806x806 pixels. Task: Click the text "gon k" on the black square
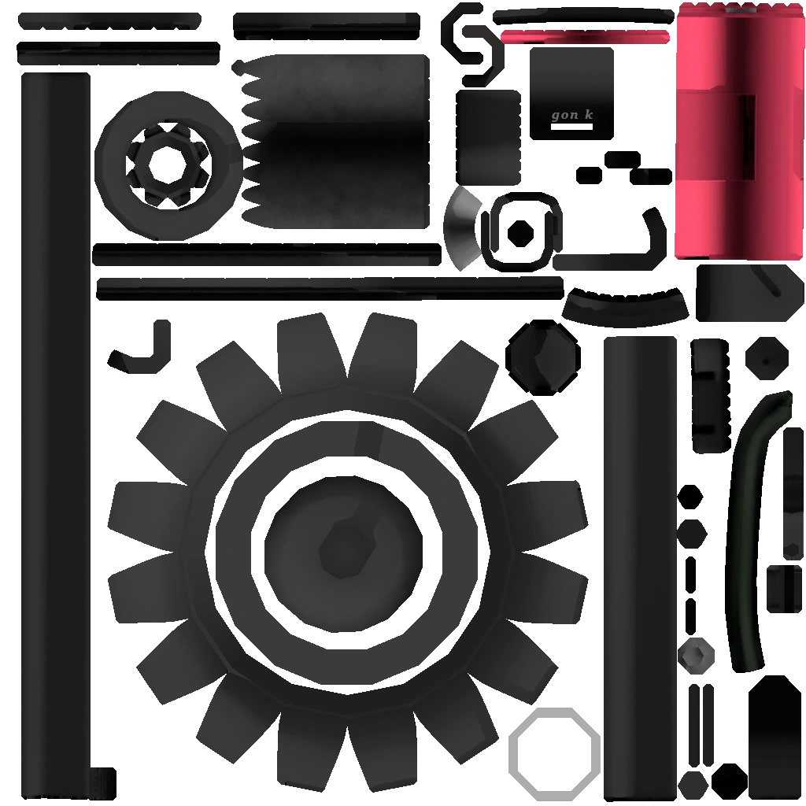(x=572, y=115)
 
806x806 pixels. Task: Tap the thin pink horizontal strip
(x=585, y=36)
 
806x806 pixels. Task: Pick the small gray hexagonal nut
(x=696, y=656)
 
